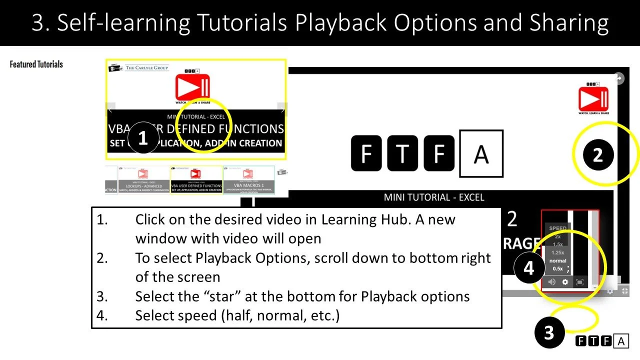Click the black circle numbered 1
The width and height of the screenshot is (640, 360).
[x=142, y=138]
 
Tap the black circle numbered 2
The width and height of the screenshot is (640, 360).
[x=598, y=155]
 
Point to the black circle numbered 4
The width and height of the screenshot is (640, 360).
[x=528, y=268]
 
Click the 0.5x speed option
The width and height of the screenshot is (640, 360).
[x=557, y=268]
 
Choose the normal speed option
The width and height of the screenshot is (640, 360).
[x=557, y=260]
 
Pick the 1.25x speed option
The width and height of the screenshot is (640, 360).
[x=557, y=252]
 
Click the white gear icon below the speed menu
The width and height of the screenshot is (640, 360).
[x=565, y=282]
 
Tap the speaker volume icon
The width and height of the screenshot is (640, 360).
[x=551, y=282]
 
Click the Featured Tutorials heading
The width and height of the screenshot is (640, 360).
[x=36, y=64]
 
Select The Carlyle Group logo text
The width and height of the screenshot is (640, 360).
[x=147, y=67]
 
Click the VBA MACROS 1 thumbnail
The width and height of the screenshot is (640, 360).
[x=248, y=180]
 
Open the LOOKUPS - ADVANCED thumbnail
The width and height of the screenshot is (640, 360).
[x=143, y=180]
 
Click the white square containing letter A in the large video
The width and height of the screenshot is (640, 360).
[x=481, y=154]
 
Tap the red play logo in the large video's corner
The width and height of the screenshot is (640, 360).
[x=593, y=98]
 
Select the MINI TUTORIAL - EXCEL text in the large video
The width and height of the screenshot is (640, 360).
[x=434, y=197]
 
